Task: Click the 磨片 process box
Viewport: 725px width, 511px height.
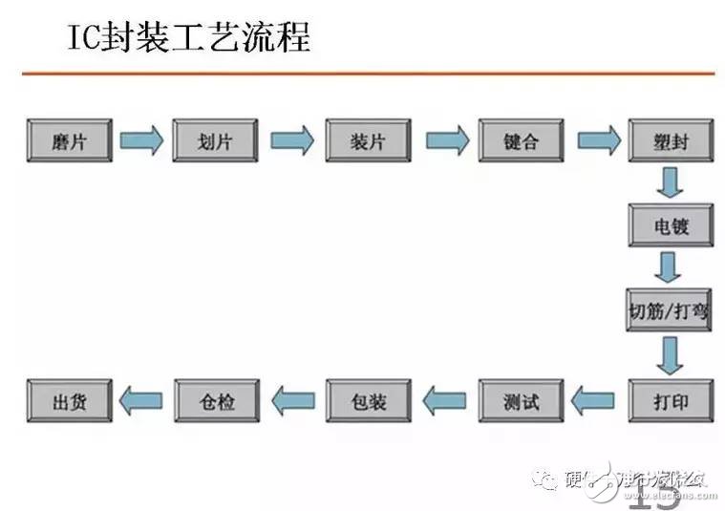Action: (70, 140)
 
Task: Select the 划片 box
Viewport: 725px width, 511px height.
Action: (215, 140)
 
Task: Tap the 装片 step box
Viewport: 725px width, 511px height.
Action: (368, 140)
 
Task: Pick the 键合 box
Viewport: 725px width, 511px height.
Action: (521, 140)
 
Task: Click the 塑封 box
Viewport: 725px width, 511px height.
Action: (670, 140)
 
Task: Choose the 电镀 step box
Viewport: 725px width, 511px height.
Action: (670, 226)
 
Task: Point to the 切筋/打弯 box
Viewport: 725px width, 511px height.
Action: (670, 310)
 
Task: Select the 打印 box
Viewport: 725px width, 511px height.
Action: (670, 399)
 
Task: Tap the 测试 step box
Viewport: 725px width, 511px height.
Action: (521, 399)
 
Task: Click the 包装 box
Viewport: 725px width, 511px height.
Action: (368, 399)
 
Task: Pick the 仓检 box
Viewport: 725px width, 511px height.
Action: (217, 399)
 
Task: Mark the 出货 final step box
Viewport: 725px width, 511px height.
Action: (70, 399)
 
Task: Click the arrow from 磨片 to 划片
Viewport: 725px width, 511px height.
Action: (142, 140)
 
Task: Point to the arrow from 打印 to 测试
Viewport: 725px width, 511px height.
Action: (593, 399)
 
